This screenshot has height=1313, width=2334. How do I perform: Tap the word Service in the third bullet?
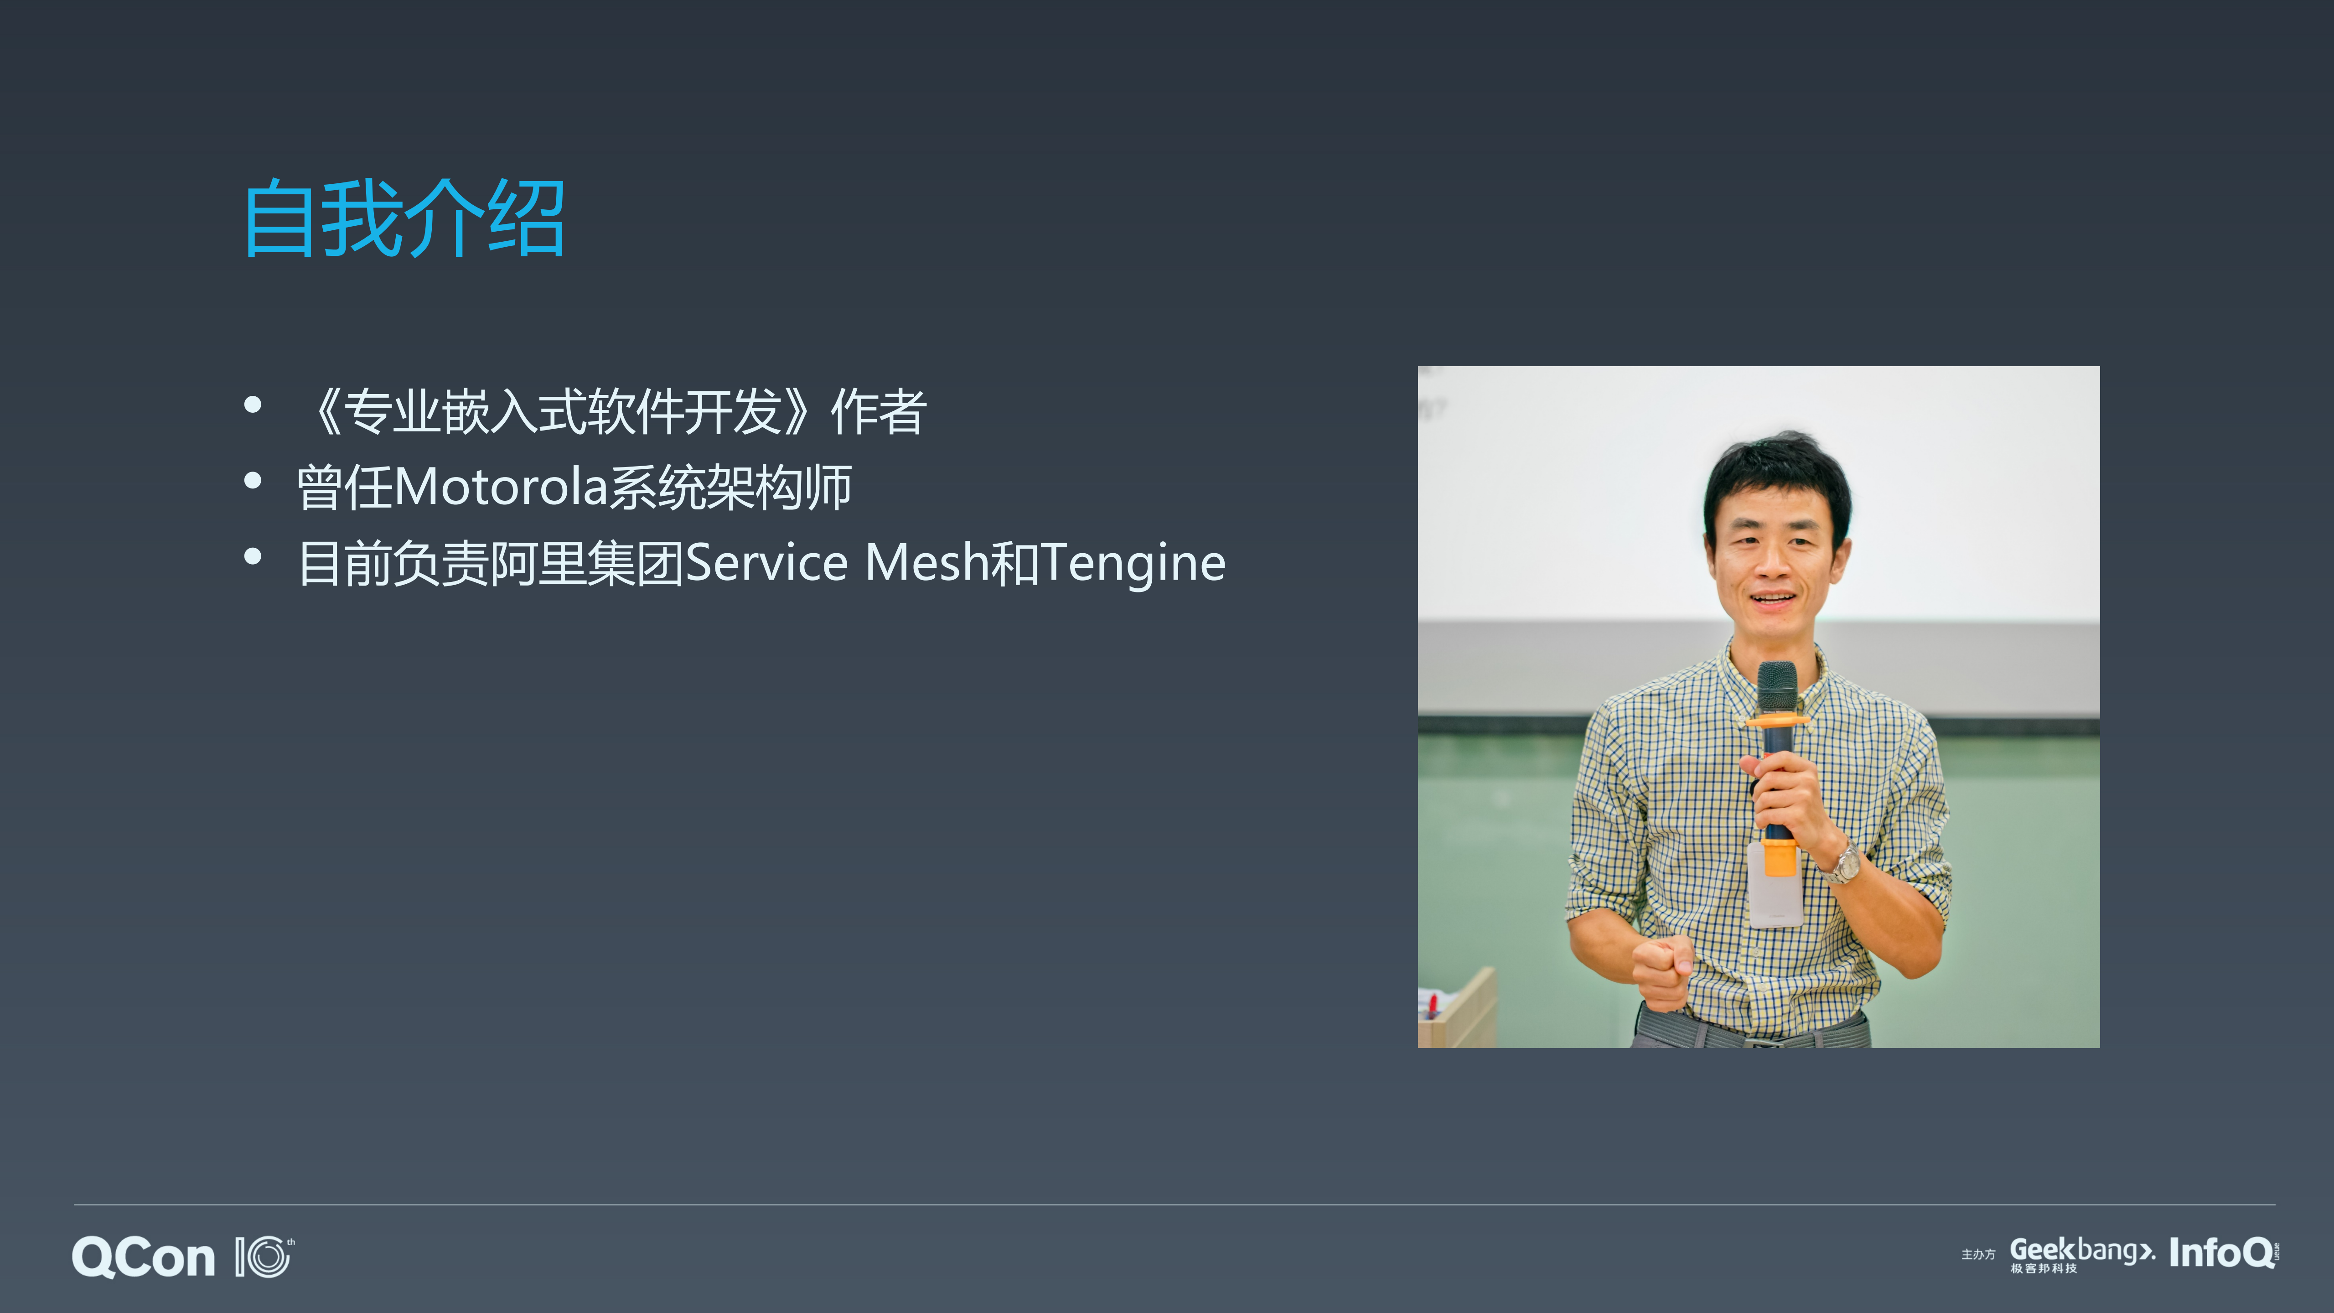[766, 564]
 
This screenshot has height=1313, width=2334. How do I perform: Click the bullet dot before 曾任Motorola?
[253, 481]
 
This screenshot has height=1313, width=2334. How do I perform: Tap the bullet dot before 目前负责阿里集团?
[253, 556]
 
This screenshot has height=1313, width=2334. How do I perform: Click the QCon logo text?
[143, 1258]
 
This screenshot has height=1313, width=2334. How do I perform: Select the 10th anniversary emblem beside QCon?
[264, 1258]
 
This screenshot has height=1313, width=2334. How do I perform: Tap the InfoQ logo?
[2222, 1253]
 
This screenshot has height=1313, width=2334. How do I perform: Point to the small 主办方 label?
[1978, 1255]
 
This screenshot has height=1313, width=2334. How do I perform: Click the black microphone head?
[1777, 686]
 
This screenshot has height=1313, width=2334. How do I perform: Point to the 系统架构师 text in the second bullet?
[730, 488]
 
